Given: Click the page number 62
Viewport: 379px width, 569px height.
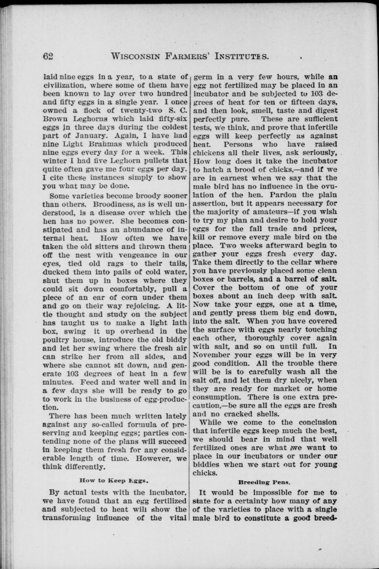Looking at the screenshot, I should (48, 56).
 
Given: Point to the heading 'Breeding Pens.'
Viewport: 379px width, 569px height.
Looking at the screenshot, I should (264, 481).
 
